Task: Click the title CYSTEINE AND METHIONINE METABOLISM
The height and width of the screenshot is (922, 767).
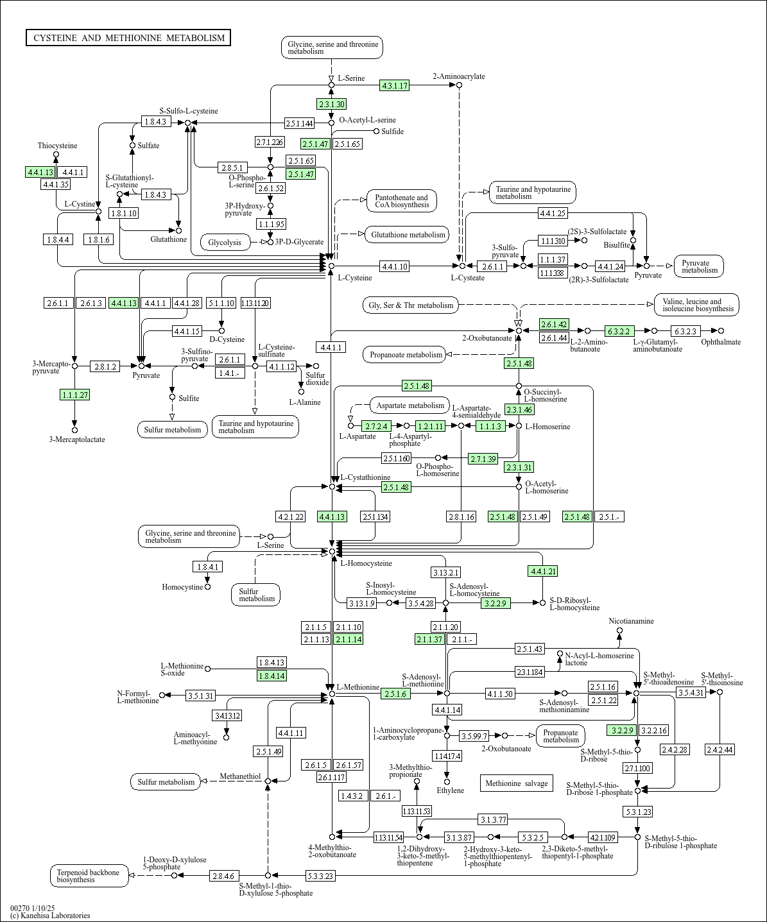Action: click(128, 38)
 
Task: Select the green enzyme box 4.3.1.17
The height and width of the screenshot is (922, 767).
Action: click(395, 85)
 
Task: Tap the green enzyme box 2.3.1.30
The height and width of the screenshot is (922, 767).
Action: click(331, 104)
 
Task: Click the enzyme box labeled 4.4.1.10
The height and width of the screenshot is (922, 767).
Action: click(394, 266)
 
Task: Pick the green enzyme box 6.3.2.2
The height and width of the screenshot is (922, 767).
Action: click(619, 331)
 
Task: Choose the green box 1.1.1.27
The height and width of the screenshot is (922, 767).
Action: click(74, 395)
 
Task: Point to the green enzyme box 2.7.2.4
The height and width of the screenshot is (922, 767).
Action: click(376, 425)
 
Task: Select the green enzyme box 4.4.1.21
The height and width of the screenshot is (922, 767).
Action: click(542, 570)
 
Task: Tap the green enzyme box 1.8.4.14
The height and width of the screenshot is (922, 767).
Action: click(271, 676)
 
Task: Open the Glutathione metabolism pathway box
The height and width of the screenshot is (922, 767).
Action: click(408, 235)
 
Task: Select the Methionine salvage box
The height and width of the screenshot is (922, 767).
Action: click(516, 783)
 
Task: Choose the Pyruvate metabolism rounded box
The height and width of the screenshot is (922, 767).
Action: click(699, 266)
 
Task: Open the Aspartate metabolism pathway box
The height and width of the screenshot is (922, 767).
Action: click(410, 406)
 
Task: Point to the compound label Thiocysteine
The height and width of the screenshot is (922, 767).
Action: click(57, 146)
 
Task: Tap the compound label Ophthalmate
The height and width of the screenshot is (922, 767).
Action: click(720, 342)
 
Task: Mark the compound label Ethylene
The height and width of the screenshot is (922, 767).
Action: click(450, 790)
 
